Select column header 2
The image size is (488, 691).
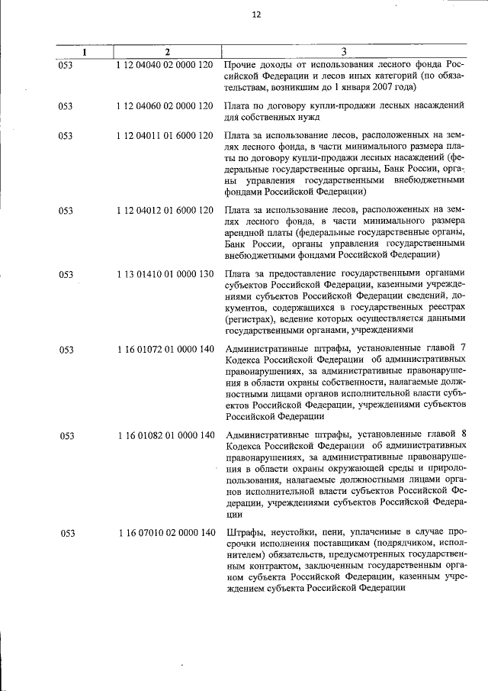click(166, 52)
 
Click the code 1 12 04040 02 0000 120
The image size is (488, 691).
click(165, 65)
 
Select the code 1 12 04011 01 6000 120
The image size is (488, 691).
click(165, 136)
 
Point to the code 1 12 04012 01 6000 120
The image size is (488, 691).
click(165, 209)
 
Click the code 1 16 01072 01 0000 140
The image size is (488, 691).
click(165, 349)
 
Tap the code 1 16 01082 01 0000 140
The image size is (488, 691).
click(165, 435)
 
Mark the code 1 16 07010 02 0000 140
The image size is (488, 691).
click(165, 532)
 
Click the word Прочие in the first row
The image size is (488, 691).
click(242, 65)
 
